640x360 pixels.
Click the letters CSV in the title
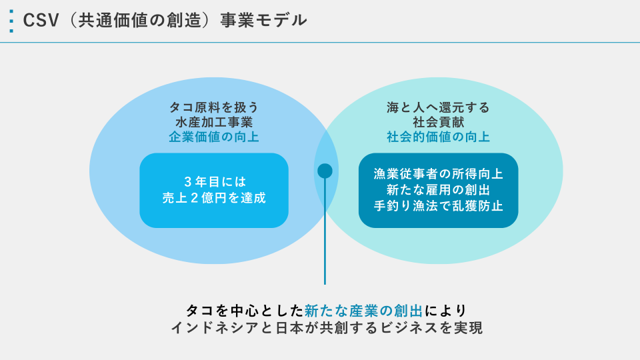[x=41, y=21]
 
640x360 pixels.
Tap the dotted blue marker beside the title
[x=11, y=21]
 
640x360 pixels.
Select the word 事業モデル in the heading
[x=264, y=21]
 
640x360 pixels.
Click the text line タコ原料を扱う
[x=214, y=107]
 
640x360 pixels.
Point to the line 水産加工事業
[x=214, y=122]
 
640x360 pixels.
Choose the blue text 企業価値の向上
[x=214, y=137]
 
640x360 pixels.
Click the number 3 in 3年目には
[x=188, y=181]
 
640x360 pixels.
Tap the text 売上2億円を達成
[x=214, y=198]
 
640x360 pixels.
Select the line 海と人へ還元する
[x=438, y=107]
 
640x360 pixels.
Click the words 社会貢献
[x=438, y=122]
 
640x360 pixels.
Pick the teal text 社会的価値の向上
[x=438, y=137]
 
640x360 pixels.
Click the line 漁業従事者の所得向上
[x=438, y=174]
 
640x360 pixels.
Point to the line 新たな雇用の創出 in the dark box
[x=438, y=190]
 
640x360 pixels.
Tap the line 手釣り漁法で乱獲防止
[x=438, y=206]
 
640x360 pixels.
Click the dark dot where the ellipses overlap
[x=325, y=171]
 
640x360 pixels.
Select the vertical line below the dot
[x=325, y=231]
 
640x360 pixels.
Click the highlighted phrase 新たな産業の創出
[x=364, y=311]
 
